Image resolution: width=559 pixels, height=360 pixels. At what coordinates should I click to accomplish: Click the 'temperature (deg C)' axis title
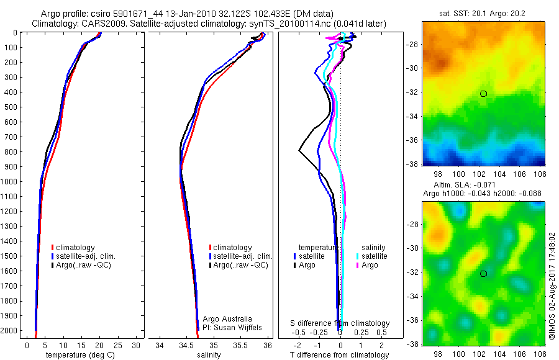pyautogui.click(x=78, y=355)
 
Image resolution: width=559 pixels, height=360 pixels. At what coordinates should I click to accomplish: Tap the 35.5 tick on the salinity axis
pyautogui.click(x=241, y=346)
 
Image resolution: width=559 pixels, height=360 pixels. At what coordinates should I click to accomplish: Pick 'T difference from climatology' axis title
pyautogui.click(x=340, y=355)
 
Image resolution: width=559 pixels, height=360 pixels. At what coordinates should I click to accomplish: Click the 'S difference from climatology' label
pyautogui.click(x=340, y=323)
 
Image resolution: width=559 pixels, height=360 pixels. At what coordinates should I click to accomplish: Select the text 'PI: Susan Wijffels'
pyautogui.click(x=233, y=327)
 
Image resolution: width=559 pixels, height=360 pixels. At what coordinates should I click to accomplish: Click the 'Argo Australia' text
pyautogui.click(x=228, y=318)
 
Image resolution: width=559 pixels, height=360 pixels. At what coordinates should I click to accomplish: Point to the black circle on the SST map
pyautogui.click(x=483, y=94)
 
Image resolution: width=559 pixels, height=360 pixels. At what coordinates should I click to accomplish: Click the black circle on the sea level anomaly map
pyautogui.click(x=483, y=273)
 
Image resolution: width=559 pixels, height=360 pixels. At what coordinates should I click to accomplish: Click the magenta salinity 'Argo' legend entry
pyautogui.click(x=368, y=265)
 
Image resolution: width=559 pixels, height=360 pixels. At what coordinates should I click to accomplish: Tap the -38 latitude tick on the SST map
pyautogui.click(x=415, y=164)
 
